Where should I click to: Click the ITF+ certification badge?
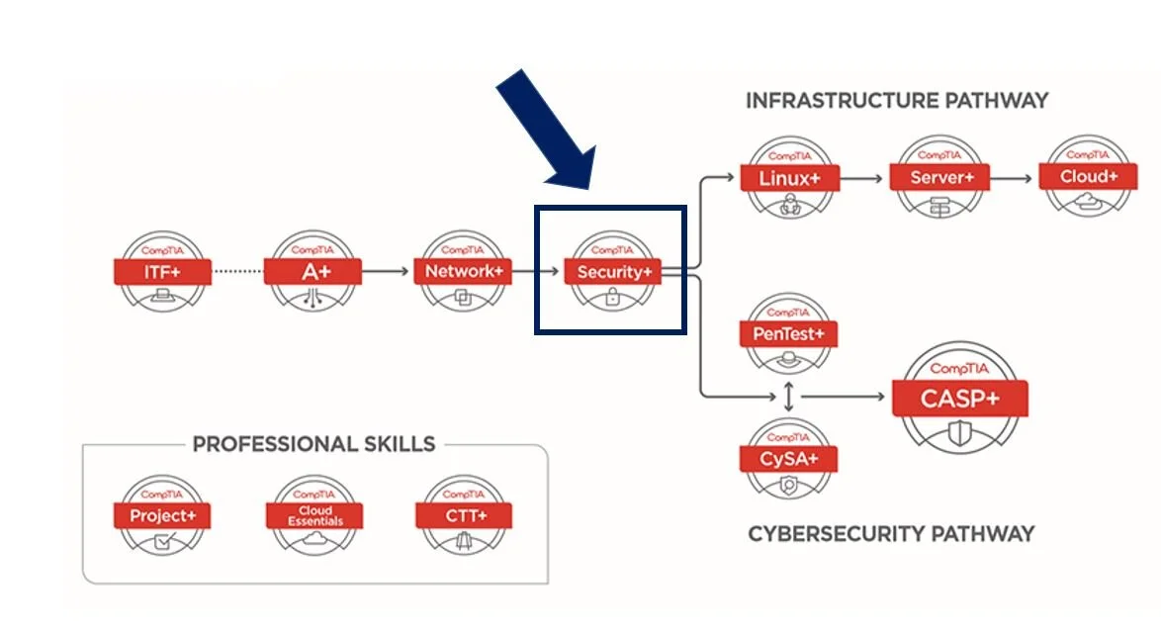coord(163,270)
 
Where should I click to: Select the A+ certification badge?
coord(313,270)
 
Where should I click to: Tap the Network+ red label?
coord(463,270)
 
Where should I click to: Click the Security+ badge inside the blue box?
coord(612,271)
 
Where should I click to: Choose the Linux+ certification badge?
coord(790,178)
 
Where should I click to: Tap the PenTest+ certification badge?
coord(788,334)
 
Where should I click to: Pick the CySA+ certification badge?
coord(788,458)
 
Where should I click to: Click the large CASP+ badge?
coord(960,399)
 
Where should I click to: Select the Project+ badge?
coord(162,515)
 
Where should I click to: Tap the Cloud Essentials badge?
coord(314,515)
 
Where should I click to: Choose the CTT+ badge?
coord(464,515)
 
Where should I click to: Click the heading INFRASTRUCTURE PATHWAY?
coord(896,101)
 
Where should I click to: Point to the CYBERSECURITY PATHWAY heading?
coord(890,534)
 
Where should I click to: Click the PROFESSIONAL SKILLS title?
coord(313,444)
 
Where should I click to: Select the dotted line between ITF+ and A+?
coord(238,270)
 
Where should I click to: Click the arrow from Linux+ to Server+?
coord(863,179)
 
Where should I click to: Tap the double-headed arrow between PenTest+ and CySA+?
coord(788,397)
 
